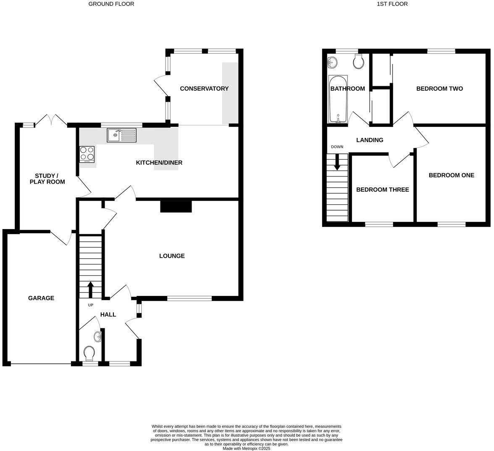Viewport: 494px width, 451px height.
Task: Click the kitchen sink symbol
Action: tap(122, 135)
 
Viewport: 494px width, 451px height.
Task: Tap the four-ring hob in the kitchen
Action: tap(87, 154)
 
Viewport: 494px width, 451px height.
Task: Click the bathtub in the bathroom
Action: tap(338, 99)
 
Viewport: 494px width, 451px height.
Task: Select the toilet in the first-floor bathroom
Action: tap(358, 61)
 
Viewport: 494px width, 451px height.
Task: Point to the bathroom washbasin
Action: tap(332, 62)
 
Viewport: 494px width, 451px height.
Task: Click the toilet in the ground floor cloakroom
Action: tap(89, 353)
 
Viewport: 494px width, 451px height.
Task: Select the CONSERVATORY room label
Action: tap(204, 88)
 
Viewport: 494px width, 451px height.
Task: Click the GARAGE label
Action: tap(41, 298)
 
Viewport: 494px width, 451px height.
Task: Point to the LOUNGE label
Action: tap(172, 256)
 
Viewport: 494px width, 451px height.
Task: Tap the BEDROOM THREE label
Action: tap(382, 190)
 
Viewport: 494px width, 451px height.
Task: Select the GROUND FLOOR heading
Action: tap(111, 4)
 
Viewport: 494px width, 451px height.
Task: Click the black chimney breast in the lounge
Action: tap(176, 206)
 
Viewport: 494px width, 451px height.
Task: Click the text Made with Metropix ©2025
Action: tap(247, 448)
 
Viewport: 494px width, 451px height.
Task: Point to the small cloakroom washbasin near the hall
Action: tap(98, 336)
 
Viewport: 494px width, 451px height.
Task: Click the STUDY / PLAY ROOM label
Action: tap(50, 179)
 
